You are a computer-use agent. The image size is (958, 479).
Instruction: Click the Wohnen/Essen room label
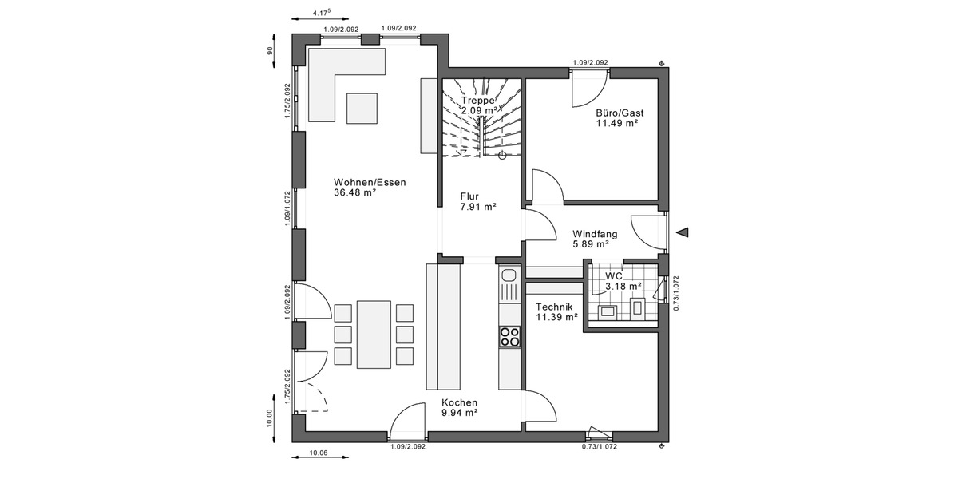[x=370, y=187]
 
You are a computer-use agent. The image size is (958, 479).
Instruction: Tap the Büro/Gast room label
[x=619, y=118]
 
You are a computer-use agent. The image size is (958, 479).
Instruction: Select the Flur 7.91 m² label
[x=478, y=200]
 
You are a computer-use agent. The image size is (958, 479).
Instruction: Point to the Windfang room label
[x=595, y=239]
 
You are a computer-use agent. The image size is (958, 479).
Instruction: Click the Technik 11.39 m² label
[x=556, y=311]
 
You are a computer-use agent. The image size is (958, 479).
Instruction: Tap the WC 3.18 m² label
[x=623, y=280]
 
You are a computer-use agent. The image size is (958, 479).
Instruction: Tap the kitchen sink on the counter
[x=509, y=281]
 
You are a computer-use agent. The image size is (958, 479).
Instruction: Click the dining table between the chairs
[x=374, y=334]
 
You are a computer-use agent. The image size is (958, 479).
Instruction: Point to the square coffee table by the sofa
[x=362, y=108]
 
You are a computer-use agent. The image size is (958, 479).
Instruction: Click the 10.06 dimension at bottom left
[x=318, y=453]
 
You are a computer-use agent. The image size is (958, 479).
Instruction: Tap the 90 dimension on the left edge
[x=271, y=50]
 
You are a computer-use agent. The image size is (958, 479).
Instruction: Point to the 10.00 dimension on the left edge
[x=271, y=418]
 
